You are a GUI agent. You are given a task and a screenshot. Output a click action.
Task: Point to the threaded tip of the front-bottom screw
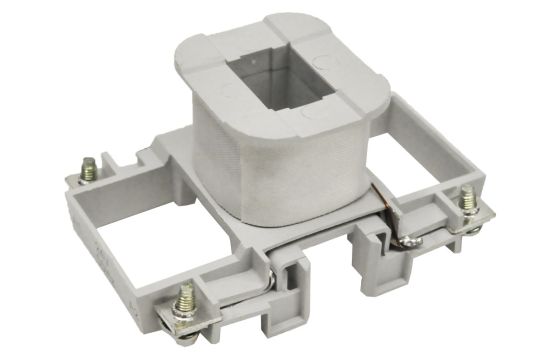point(185,291)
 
